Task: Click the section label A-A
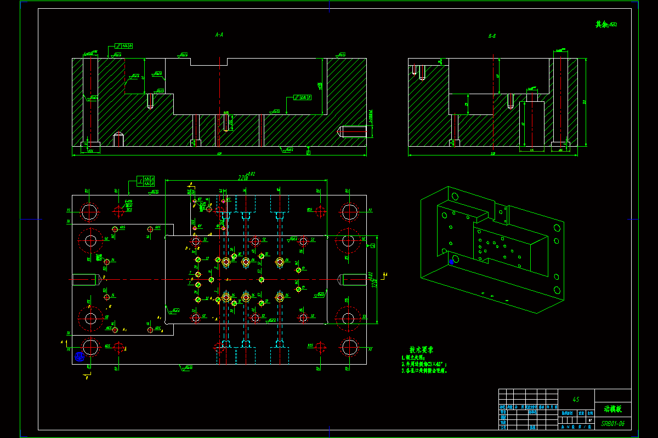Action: click(219, 34)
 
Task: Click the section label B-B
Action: click(492, 36)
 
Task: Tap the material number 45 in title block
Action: click(576, 400)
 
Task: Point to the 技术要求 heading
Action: click(421, 349)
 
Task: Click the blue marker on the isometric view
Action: click(451, 262)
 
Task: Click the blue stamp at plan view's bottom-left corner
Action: click(78, 356)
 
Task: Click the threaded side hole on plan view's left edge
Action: click(84, 279)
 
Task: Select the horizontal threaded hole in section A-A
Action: click(351, 131)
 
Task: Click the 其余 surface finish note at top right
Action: click(606, 24)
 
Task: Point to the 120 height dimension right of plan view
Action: click(375, 279)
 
